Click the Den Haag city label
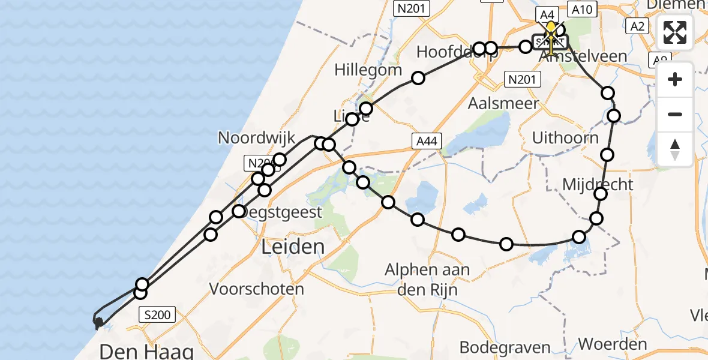tap(146, 351)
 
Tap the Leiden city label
tap(294, 246)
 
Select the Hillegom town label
tap(368, 70)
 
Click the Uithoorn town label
tap(565, 138)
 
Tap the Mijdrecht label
tap(598, 184)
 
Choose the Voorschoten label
tap(256, 289)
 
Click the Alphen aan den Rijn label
tap(427, 280)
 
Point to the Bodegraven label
tap(505, 347)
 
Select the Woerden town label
tap(613, 344)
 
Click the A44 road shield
tap(427, 141)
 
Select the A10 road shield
tap(583, 10)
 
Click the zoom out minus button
tap(675, 115)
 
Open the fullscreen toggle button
tap(675, 32)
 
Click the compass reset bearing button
tap(675, 149)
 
